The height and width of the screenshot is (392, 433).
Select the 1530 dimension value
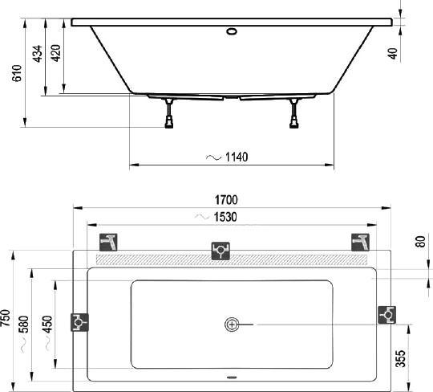point(226,217)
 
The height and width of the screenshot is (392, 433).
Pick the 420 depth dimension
point(55,54)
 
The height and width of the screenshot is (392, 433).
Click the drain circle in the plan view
point(232,325)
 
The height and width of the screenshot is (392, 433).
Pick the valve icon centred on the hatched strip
point(221,251)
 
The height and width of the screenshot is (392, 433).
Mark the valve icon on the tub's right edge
point(386,315)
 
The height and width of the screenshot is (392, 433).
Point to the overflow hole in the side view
point(232,33)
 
